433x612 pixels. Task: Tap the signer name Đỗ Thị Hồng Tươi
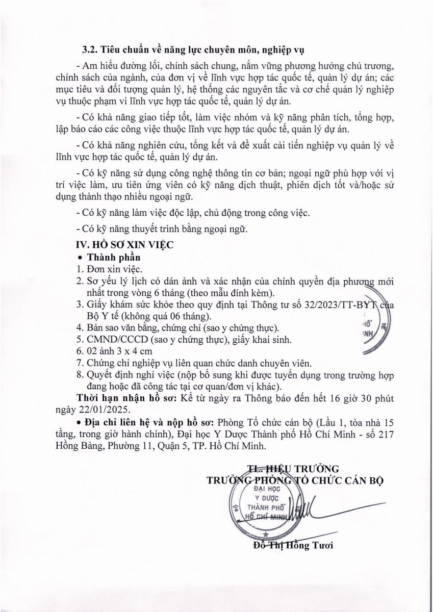pyautogui.click(x=292, y=547)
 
